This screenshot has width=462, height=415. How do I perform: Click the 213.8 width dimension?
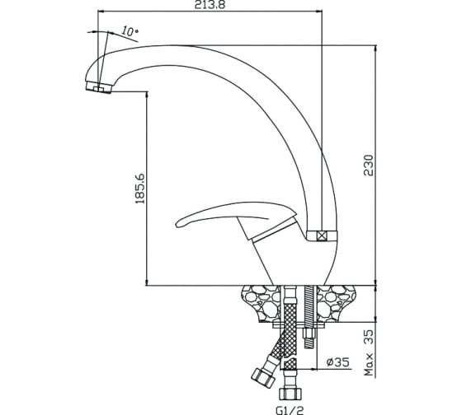[x=210, y=5]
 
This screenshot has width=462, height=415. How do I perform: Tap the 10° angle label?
[x=130, y=31]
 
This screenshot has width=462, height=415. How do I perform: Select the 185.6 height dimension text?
[x=140, y=189]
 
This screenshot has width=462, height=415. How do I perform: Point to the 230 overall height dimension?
[x=368, y=166]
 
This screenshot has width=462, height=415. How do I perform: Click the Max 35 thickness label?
[x=369, y=352]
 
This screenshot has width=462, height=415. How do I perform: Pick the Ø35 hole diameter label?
[x=337, y=362]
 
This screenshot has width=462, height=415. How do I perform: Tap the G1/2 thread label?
[x=290, y=410]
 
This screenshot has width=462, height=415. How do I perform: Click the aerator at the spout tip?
[x=99, y=87]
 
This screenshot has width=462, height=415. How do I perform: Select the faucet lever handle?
[x=236, y=215]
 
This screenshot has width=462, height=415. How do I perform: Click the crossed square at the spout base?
[x=322, y=236]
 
